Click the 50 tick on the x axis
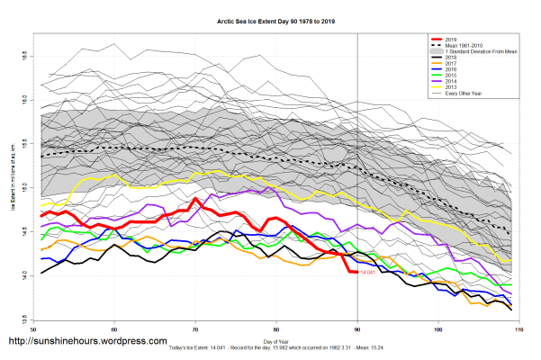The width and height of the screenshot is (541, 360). click(x=33, y=330)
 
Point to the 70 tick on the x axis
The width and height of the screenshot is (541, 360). click(x=195, y=330)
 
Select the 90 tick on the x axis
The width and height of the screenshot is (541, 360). click(x=357, y=330)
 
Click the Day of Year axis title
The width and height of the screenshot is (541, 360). click(x=275, y=341)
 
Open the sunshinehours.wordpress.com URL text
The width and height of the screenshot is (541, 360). click(x=88, y=342)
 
